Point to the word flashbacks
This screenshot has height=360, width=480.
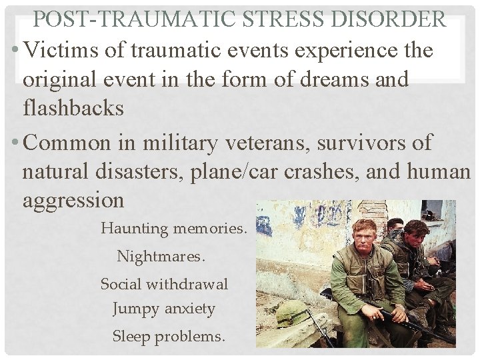pyautogui.click(x=73, y=107)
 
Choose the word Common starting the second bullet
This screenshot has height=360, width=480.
pyautogui.click(x=69, y=143)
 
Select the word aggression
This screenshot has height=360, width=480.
pyautogui.click(x=73, y=200)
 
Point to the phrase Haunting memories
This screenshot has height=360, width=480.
pyautogui.click(x=173, y=229)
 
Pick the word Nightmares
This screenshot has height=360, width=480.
pyautogui.click(x=161, y=256)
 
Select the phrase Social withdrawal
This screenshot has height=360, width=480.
pyautogui.click(x=164, y=284)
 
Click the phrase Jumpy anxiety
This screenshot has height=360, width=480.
pyautogui.click(x=164, y=309)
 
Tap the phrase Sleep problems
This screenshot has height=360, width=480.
pyautogui.click(x=169, y=337)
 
